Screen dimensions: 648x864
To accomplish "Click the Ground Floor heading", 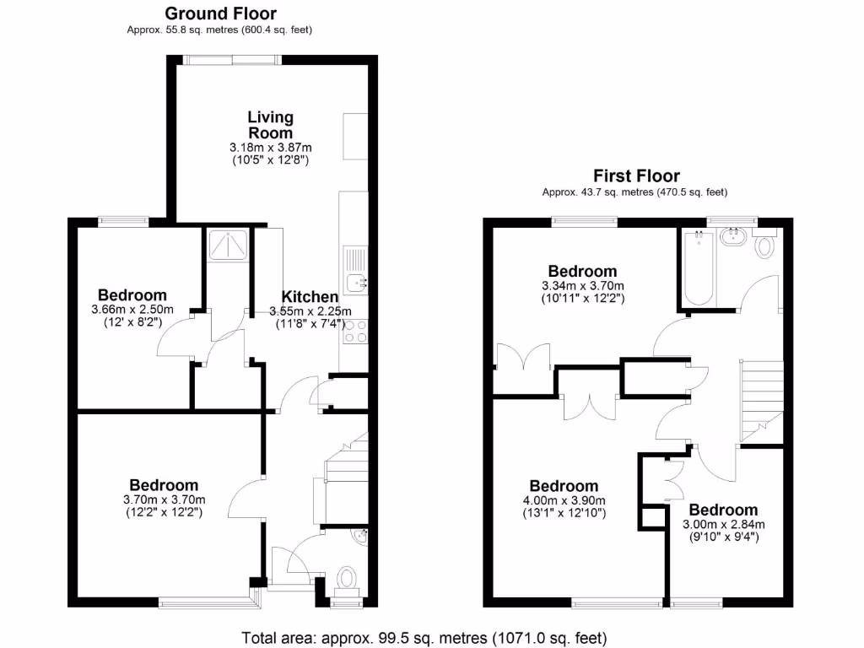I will coord(220,13).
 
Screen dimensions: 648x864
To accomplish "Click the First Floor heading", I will coord(636,176).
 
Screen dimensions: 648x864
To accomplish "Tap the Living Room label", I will coord(270,125).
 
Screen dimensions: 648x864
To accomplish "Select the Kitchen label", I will coord(310,297).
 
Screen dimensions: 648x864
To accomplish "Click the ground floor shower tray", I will coord(225,246).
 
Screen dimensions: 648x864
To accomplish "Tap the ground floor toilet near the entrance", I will coord(346,580).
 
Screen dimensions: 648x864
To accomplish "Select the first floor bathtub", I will coord(698,268).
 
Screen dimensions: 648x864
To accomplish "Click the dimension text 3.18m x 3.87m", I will coord(270,148).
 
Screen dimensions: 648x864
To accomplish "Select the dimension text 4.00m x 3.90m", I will coord(564,500).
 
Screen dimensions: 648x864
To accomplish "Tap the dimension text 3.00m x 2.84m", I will coord(723,524).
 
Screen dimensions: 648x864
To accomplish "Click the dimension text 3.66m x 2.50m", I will coord(132,310).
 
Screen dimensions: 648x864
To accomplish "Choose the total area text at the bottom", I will coord(424,637).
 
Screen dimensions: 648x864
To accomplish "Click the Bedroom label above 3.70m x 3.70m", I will coord(164,485).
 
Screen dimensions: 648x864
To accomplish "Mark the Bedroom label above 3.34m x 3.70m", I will coord(582,272).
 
